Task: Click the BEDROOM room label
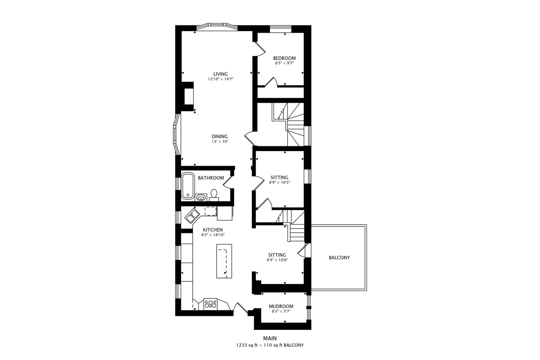[x=284, y=58]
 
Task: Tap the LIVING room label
[x=220, y=74]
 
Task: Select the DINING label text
[x=220, y=136]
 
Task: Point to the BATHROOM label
[x=211, y=178]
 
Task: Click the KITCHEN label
[x=213, y=230]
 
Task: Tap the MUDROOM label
[x=281, y=306]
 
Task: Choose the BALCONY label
[x=339, y=258]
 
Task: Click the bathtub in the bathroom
[x=188, y=186]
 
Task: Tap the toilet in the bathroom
[x=214, y=195]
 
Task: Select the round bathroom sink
[x=201, y=198]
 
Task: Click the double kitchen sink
[x=192, y=216]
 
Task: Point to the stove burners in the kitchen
[x=210, y=304]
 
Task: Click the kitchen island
[x=224, y=261]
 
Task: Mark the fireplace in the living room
[x=188, y=96]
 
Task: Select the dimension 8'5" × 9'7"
[x=284, y=63]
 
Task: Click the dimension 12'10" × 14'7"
[x=221, y=79]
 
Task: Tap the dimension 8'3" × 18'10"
[x=213, y=235]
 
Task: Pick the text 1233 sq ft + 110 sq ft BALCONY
[x=270, y=345]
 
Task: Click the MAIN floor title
[x=270, y=338]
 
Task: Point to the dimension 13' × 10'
[x=220, y=142]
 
